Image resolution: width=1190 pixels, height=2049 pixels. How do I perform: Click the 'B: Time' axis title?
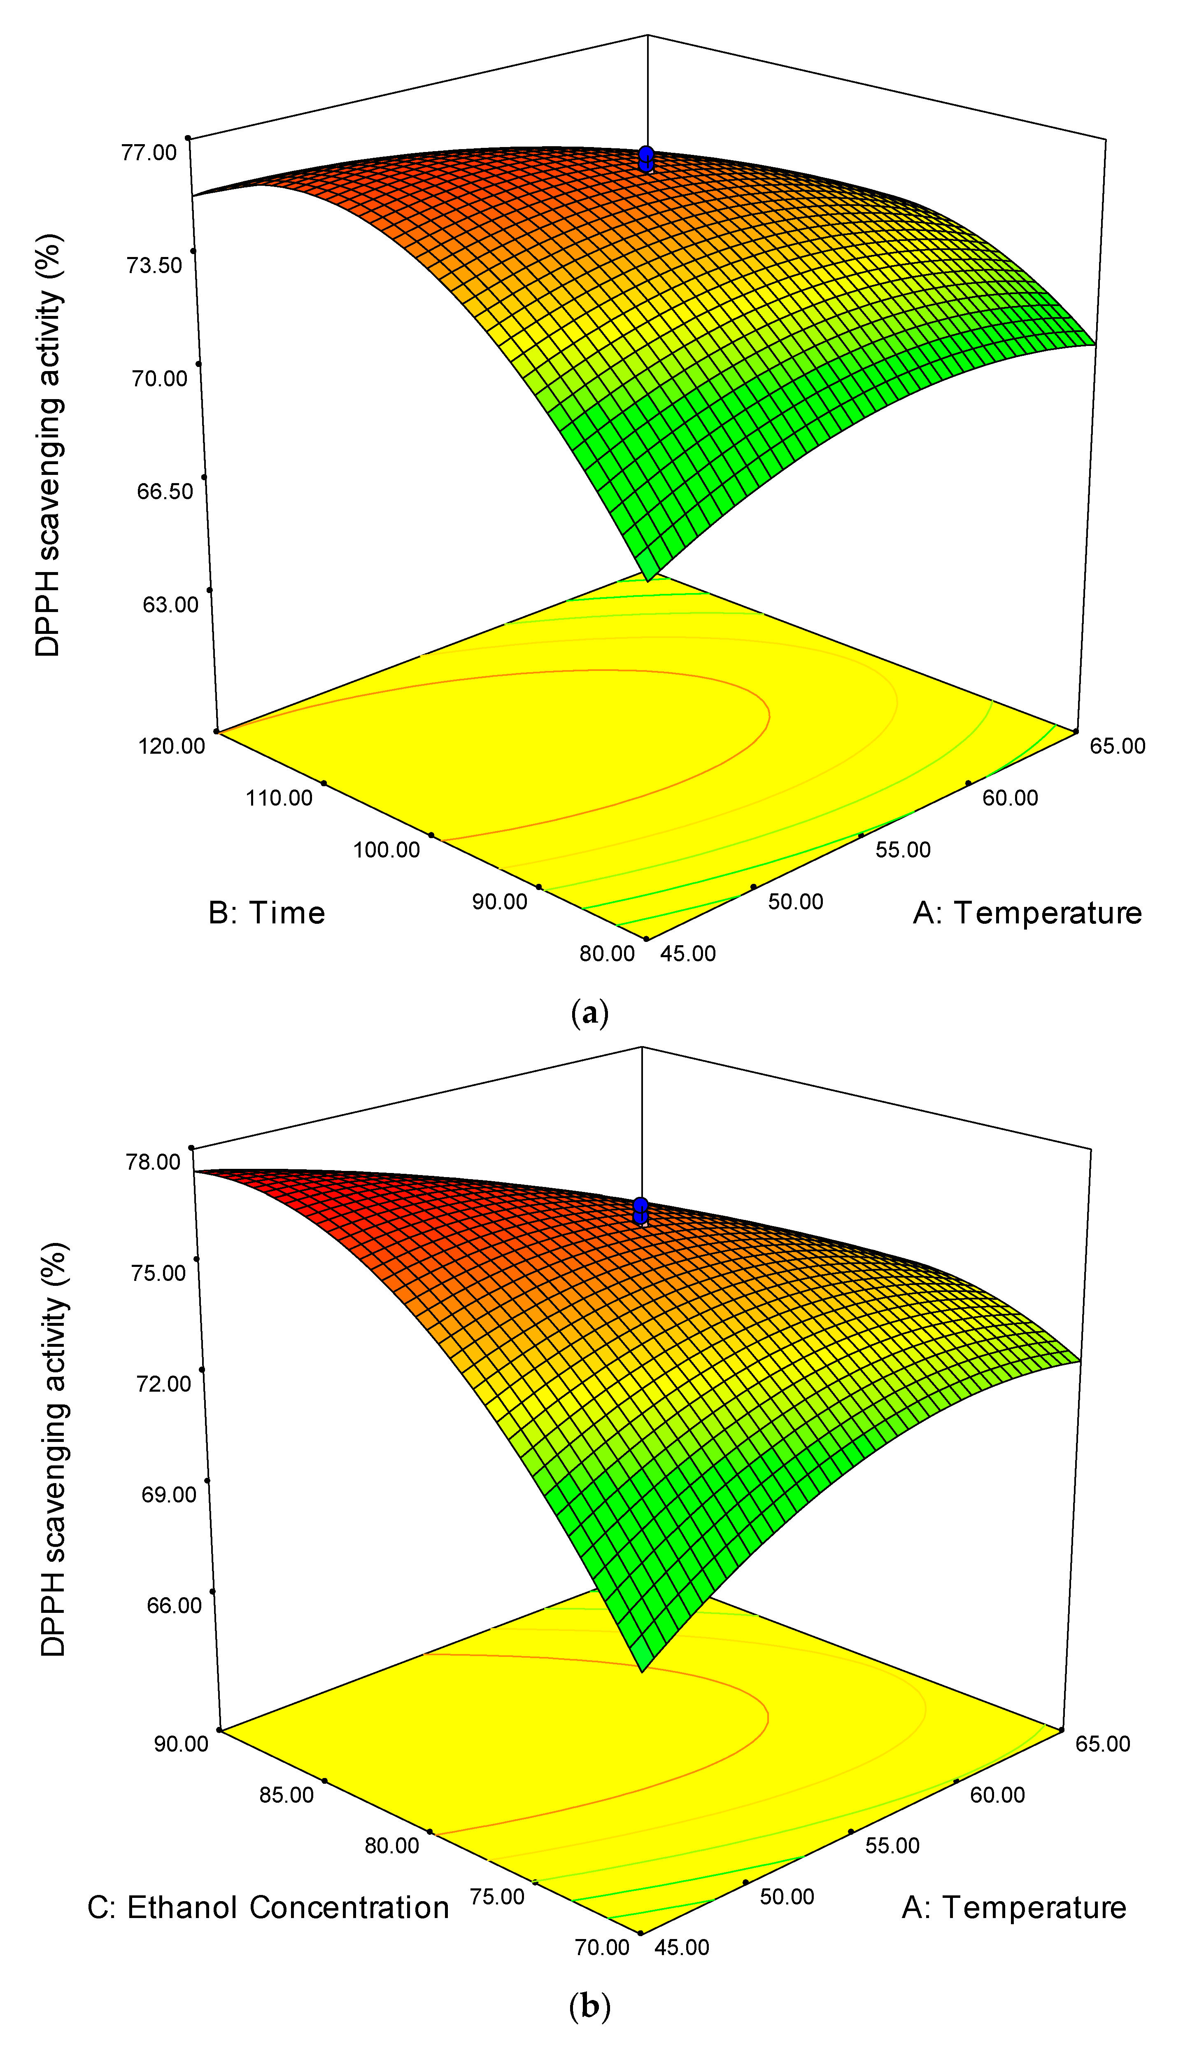click(267, 913)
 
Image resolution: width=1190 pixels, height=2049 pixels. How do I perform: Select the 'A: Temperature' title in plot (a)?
click(1027, 913)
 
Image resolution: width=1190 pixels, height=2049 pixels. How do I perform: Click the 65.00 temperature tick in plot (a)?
click(1118, 745)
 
